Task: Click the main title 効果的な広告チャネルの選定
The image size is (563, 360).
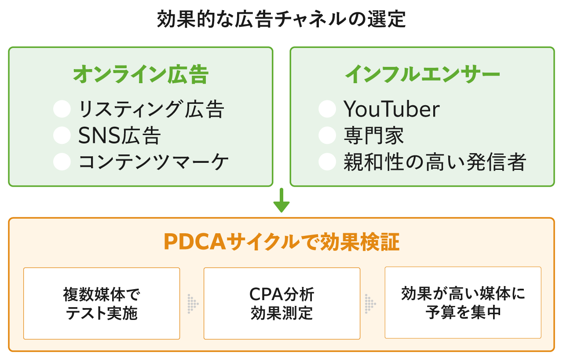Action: click(x=281, y=20)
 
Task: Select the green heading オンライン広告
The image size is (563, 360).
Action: click(x=141, y=75)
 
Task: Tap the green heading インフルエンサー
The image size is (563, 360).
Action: click(x=422, y=75)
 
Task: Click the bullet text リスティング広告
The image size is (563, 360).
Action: click(x=151, y=109)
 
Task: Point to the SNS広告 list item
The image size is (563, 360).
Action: click(x=120, y=136)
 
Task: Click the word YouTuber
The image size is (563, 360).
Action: click(x=391, y=109)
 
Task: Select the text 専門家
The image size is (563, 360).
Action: click(x=374, y=136)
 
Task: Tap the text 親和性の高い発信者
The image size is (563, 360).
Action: click(x=435, y=162)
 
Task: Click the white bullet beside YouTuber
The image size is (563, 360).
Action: click(x=327, y=109)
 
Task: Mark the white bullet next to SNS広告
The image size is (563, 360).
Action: click(x=62, y=136)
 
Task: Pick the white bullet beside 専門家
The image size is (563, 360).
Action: click(x=327, y=136)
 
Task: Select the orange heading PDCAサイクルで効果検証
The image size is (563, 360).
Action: click(x=281, y=242)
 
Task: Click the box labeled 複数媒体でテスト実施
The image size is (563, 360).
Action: click(x=102, y=303)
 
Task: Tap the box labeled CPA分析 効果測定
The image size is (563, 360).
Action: click(x=282, y=303)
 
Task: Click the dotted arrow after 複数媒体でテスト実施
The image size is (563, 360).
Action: click(x=192, y=304)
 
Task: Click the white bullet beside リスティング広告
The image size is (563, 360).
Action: click(x=62, y=109)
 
